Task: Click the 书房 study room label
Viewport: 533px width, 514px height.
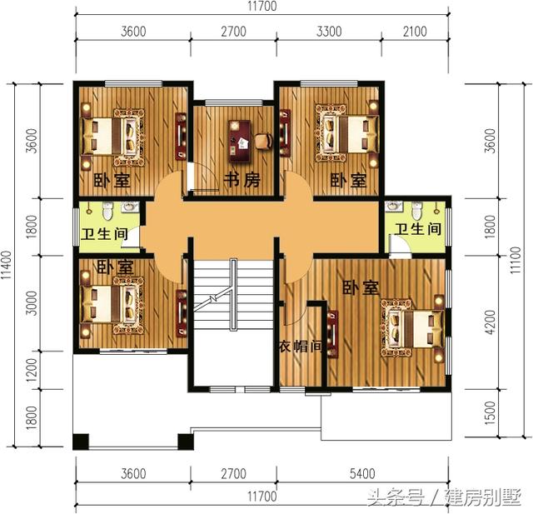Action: pyautogui.click(x=242, y=180)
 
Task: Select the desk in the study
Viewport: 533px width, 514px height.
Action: pyautogui.click(x=240, y=141)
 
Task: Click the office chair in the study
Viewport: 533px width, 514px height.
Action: pyautogui.click(x=264, y=142)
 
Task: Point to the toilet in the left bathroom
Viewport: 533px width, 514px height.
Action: pyautogui.click(x=107, y=211)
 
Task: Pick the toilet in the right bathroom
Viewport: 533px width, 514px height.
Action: pyautogui.click(x=416, y=211)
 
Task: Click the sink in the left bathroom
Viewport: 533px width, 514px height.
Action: pyautogui.click(x=128, y=207)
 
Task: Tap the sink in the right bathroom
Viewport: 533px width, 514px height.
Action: pyautogui.click(x=394, y=207)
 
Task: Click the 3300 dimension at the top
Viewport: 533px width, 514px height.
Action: pyautogui.click(x=329, y=32)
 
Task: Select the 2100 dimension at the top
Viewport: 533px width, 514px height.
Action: pyautogui.click(x=415, y=32)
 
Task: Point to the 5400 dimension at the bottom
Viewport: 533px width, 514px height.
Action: pyautogui.click(x=362, y=473)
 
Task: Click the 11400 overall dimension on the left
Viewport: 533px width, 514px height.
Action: pyautogui.click(x=7, y=265)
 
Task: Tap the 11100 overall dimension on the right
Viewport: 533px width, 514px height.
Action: pyautogui.click(x=516, y=260)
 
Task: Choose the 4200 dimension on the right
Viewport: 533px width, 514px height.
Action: pyautogui.click(x=491, y=322)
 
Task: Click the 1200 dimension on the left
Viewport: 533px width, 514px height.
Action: pyautogui.click(x=32, y=370)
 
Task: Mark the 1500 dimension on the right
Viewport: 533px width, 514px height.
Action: pyautogui.click(x=491, y=412)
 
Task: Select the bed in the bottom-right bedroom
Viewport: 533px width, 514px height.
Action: pyautogui.click(x=412, y=327)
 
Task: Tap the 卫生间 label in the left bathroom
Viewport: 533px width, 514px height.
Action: pyautogui.click(x=104, y=235)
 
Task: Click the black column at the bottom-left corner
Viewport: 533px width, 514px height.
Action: pyautogui.click(x=81, y=442)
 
